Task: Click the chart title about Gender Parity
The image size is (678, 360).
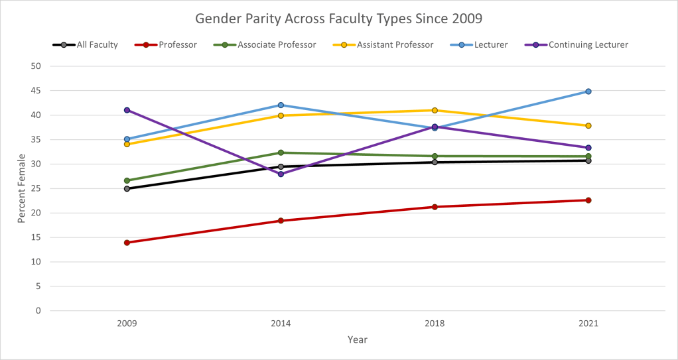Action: [339, 19]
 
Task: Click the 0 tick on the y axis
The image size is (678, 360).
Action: [38, 311]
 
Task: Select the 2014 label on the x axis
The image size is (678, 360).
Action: [281, 324]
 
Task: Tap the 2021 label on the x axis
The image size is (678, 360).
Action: [588, 324]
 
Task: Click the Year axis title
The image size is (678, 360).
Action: [357, 340]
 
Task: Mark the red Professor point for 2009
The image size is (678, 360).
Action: [127, 243]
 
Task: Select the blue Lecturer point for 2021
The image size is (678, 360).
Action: [588, 91]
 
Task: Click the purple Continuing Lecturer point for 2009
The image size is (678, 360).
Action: [127, 110]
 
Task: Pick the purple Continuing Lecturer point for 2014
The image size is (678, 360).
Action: [281, 174]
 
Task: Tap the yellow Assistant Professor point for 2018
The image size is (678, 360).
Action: [435, 110]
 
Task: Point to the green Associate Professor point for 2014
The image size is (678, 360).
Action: [281, 152]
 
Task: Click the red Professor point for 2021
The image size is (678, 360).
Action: [588, 200]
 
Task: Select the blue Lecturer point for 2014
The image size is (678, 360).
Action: [281, 105]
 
